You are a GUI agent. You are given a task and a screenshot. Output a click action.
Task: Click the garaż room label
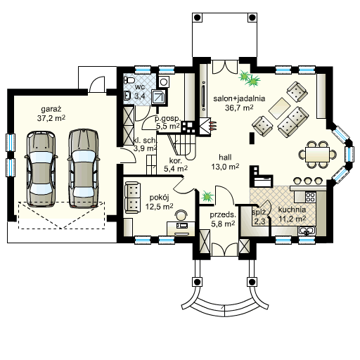(x=51, y=109)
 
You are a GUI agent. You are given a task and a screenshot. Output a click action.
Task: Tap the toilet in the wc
(x=129, y=80)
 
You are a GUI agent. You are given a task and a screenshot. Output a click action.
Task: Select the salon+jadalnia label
(x=239, y=98)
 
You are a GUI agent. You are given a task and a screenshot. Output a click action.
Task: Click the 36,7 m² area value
(x=239, y=108)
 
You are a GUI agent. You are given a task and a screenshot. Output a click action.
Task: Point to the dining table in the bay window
(x=318, y=154)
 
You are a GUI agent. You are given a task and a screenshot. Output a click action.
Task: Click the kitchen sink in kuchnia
(x=307, y=231)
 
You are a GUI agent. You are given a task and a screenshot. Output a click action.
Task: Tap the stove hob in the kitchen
(x=310, y=198)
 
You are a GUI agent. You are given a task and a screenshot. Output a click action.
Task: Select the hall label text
(x=225, y=157)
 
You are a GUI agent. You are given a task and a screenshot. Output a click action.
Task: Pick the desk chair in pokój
(x=181, y=215)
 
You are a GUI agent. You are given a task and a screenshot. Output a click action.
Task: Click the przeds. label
(x=223, y=214)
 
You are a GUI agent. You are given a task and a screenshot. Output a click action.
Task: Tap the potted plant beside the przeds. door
(x=207, y=196)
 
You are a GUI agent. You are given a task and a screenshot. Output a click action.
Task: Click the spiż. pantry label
(x=259, y=212)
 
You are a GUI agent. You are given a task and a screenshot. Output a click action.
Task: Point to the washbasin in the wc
(x=127, y=96)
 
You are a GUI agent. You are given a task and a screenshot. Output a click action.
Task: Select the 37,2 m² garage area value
(x=51, y=118)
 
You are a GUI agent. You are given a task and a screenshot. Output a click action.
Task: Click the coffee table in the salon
(x=279, y=108)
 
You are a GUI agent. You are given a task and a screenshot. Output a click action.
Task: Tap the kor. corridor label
(x=176, y=160)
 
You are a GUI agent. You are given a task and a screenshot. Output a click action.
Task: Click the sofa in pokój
(x=132, y=198)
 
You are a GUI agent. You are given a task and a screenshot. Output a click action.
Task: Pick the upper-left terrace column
(x=197, y=18)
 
